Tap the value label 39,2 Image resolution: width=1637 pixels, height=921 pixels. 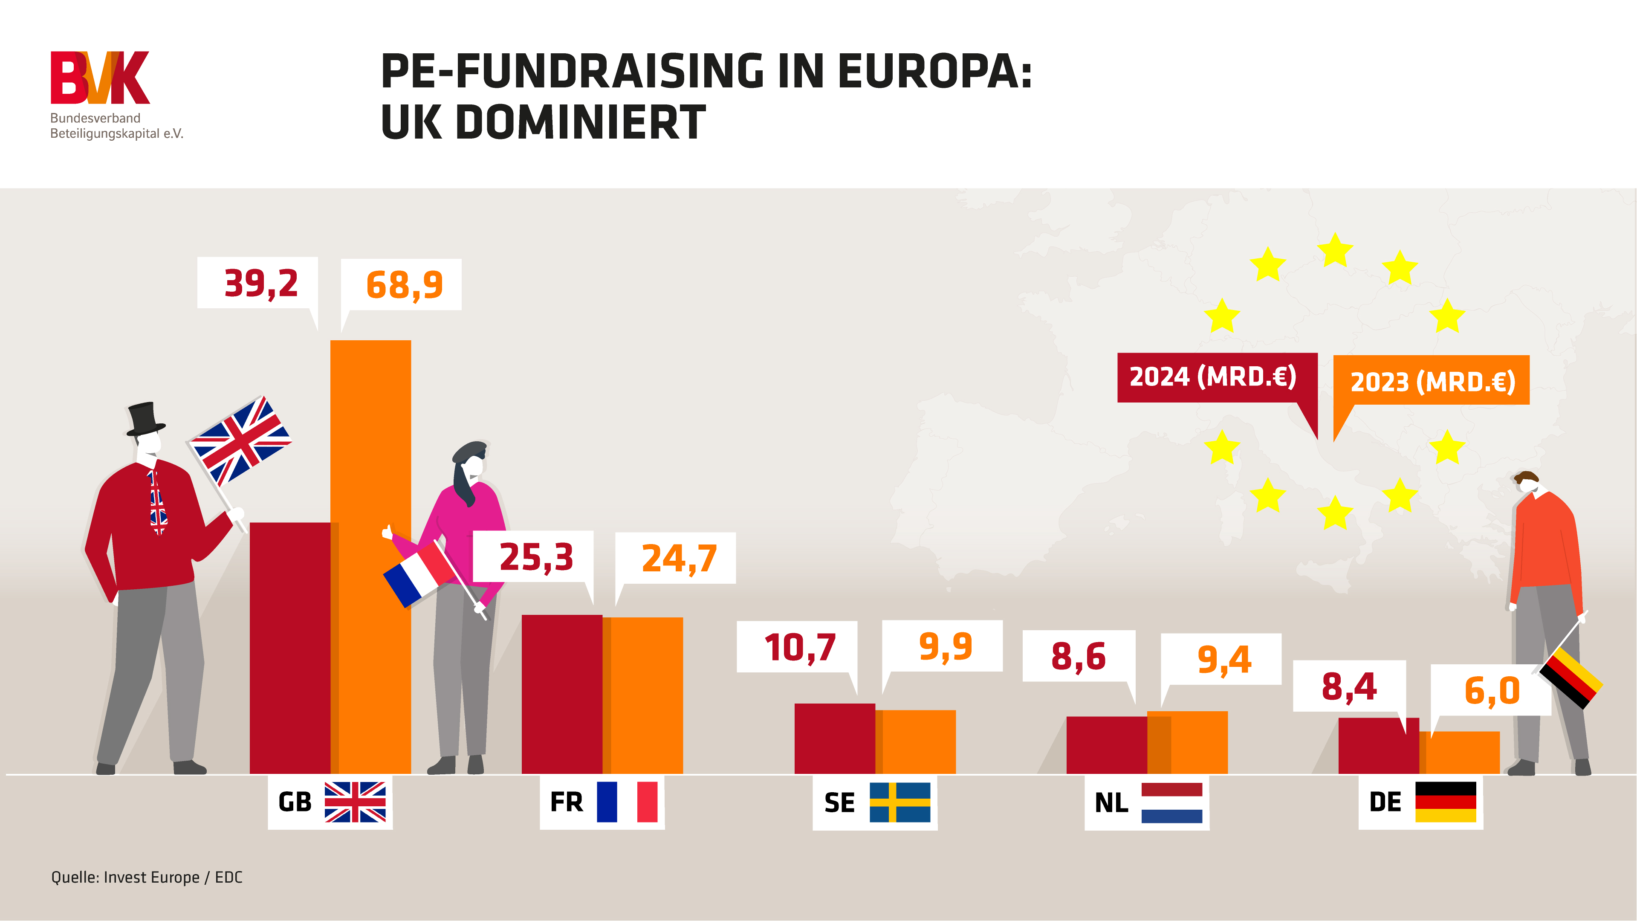[260, 284]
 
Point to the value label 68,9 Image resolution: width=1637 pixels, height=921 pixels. [404, 285]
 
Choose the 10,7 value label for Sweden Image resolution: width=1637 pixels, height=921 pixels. [799, 647]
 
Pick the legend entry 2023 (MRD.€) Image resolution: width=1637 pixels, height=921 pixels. [1432, 381]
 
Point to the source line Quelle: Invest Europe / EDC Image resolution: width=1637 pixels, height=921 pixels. [147, 877]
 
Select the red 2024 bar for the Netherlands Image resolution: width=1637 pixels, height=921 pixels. [1106, 745]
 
